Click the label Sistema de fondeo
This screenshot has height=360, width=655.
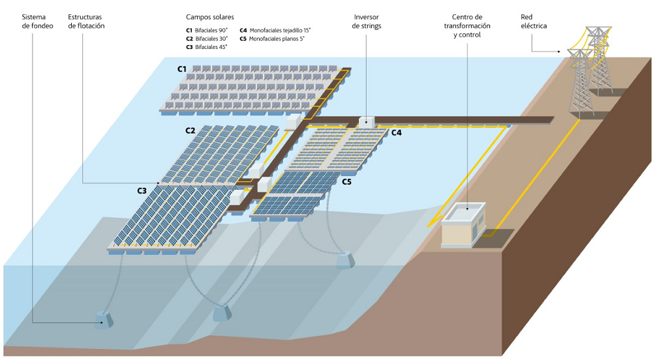point(37,21)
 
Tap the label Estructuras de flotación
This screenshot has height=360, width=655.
point(86,21)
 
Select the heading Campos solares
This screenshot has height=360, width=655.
point(209,16)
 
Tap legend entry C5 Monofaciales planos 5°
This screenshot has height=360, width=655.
point(272,38)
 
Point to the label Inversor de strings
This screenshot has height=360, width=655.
point(366,21)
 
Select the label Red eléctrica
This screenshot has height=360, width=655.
point(534,21)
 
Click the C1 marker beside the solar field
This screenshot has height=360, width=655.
point(182,68)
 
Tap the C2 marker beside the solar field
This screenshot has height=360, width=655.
point(190,130)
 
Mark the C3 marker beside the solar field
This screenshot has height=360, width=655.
point(142,190)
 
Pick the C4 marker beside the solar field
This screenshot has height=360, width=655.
point(396,133)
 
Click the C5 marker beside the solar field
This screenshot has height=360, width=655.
point(346,182)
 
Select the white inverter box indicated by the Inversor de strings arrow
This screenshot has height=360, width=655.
point(367,121)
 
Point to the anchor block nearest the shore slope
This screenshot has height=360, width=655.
point(345,262)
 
